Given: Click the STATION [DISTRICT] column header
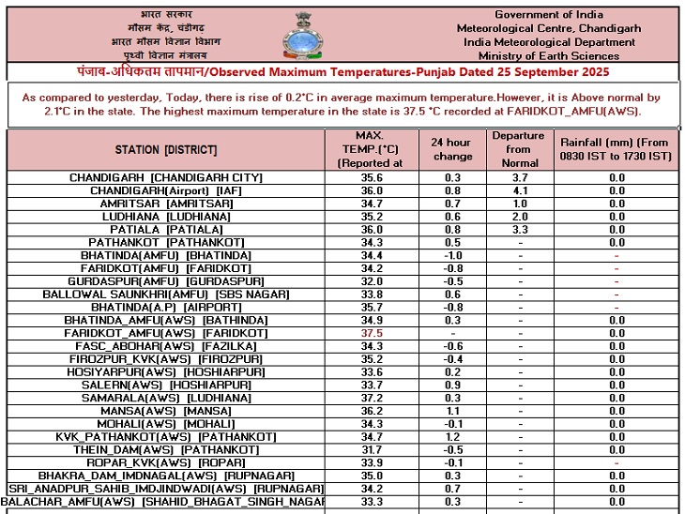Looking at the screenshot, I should click(x=166, y=150).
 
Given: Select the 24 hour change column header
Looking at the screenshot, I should click(x=452, y=149).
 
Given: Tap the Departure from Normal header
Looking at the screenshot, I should click(x=518, y=149).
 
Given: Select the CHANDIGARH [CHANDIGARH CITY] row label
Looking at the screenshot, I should click(x=166, y=177).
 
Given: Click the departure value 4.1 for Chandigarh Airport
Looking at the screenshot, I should click(x=518, y=190).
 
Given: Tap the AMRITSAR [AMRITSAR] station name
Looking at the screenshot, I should click(x=166, y=204).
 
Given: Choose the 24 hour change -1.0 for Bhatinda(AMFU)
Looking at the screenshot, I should click(x=452, y=255).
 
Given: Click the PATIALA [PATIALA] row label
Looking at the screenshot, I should click(x=166, y=229).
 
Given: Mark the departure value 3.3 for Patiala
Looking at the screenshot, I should click(x=518, y=229).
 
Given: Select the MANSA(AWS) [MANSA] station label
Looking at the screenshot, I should click(x=166, y=412).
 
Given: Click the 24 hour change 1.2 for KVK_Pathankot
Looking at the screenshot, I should click(x=452, y=437).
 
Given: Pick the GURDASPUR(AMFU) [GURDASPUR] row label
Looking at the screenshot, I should click(x=166, y=281).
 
